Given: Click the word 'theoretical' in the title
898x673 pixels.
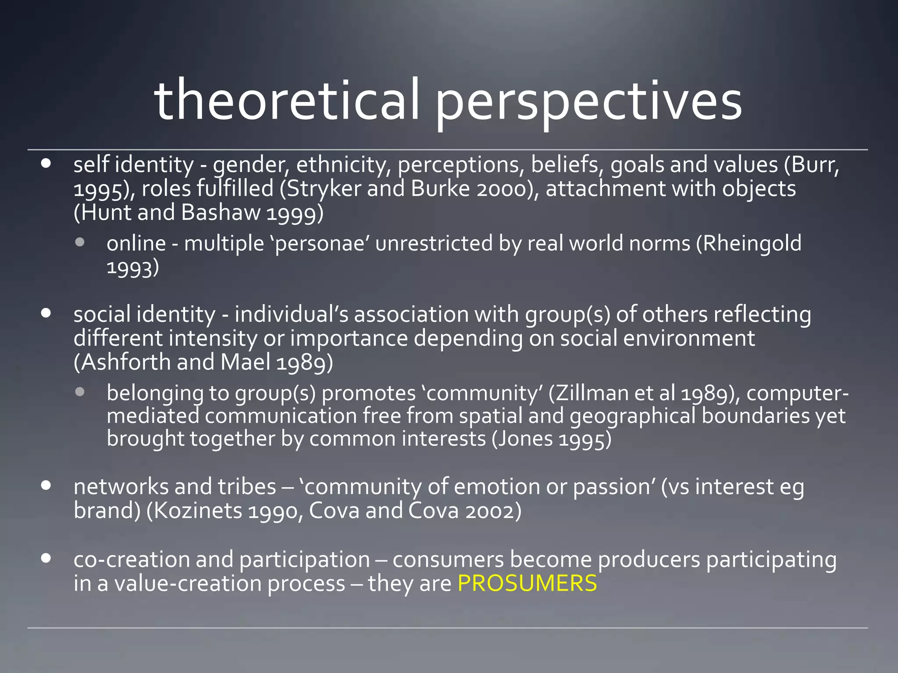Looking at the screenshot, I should pos(286,100).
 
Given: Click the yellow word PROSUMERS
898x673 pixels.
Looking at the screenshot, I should pos(527,583).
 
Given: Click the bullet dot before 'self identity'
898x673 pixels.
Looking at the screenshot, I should pos(46,164).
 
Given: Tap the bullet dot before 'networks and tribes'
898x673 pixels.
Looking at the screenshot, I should pos(46,485).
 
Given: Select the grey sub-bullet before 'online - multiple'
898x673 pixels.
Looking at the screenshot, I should pos(79,242).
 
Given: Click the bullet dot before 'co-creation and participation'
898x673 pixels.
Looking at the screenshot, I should pos(46,558).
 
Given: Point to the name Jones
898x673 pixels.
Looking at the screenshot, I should pos(521,439).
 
